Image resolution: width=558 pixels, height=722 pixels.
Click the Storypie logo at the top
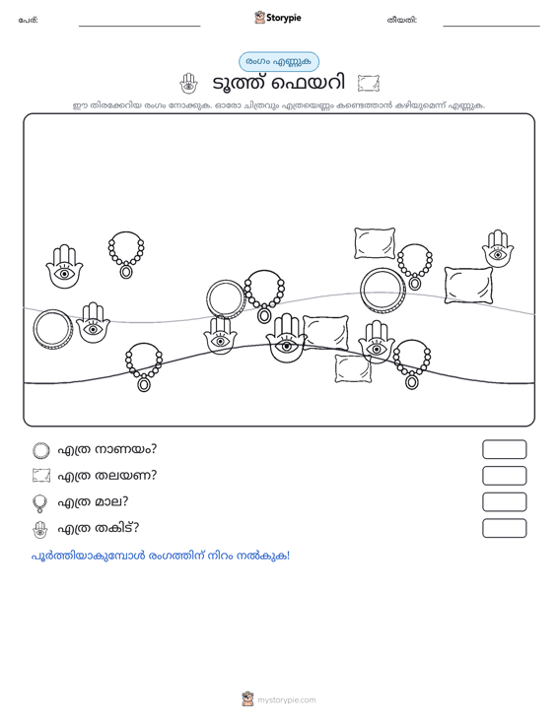(x=277, y=18)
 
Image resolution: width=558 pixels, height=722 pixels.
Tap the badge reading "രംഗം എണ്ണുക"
(x=278, y=62)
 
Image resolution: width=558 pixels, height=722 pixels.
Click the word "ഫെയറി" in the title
(x=308, y=84)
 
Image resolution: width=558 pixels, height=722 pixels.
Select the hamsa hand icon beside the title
(x=188, y=84)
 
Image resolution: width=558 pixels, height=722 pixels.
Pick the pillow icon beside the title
(x=369, y=84)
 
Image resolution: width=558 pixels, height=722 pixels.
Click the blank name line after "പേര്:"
(x=140, y=26)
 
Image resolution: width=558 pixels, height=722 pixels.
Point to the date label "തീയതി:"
(x=402, y=20)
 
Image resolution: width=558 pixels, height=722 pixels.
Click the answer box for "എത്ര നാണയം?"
(x=504, y=449)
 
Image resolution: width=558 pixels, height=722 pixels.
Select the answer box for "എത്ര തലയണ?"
(x=504, y=476)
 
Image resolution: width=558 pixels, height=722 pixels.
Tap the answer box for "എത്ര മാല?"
(x=504, y=502)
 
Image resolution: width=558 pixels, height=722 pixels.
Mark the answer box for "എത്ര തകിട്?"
(x=504, y=528)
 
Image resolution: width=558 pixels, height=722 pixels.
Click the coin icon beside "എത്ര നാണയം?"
(x=41, y=450)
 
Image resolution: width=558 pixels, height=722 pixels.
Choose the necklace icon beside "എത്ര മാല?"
(x=40, y=503)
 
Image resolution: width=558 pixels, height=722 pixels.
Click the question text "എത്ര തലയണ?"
(x=106, y=475)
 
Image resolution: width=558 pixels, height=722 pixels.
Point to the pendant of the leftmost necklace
(x=126, y=272)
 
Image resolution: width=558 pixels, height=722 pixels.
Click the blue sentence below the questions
(x=161, y=556)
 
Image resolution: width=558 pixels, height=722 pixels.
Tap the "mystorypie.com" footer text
(x=287, y=700)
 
